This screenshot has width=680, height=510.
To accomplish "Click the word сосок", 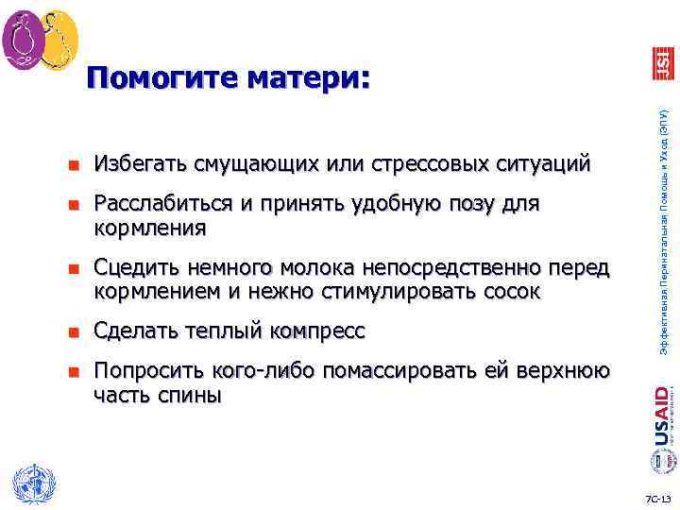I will click(x=508, y=292).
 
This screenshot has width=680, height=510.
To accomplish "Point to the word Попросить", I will click(x=144, y=371).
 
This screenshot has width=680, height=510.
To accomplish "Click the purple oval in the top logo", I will click(x=22, y=40).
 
